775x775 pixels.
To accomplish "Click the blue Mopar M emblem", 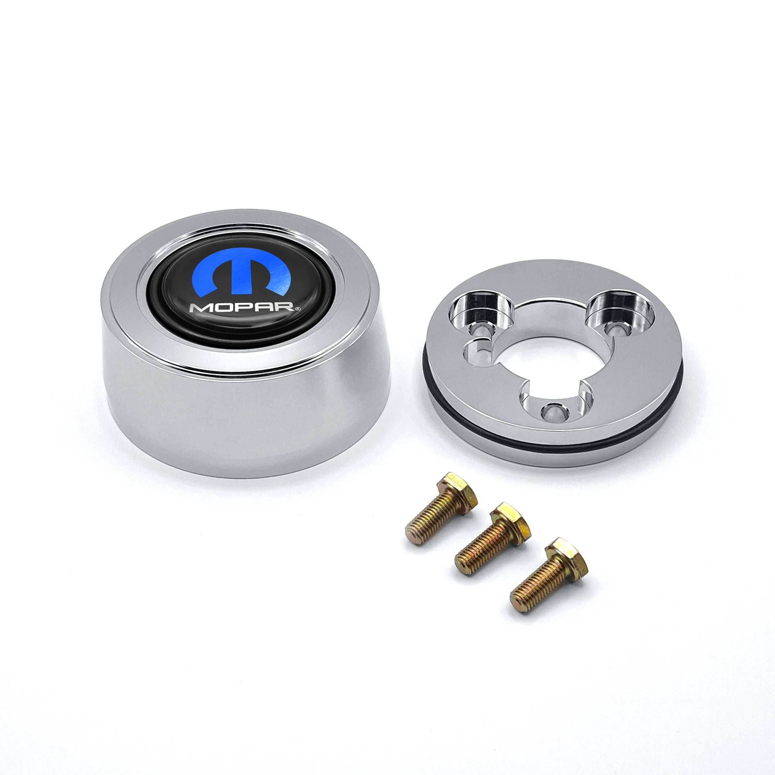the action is [241, 273].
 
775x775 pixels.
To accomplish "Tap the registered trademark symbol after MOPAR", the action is [297, 309].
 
